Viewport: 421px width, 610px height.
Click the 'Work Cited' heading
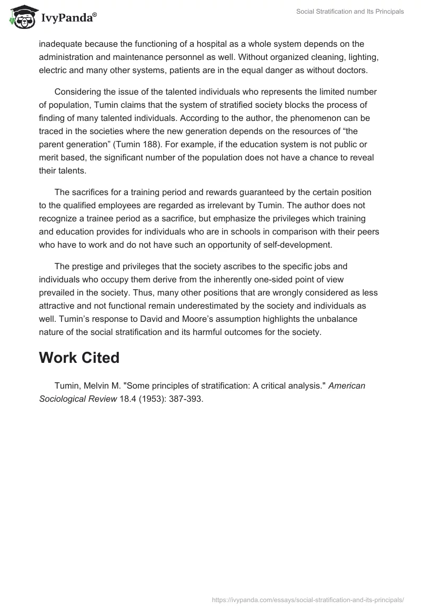79,358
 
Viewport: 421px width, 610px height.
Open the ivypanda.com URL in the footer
307,599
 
